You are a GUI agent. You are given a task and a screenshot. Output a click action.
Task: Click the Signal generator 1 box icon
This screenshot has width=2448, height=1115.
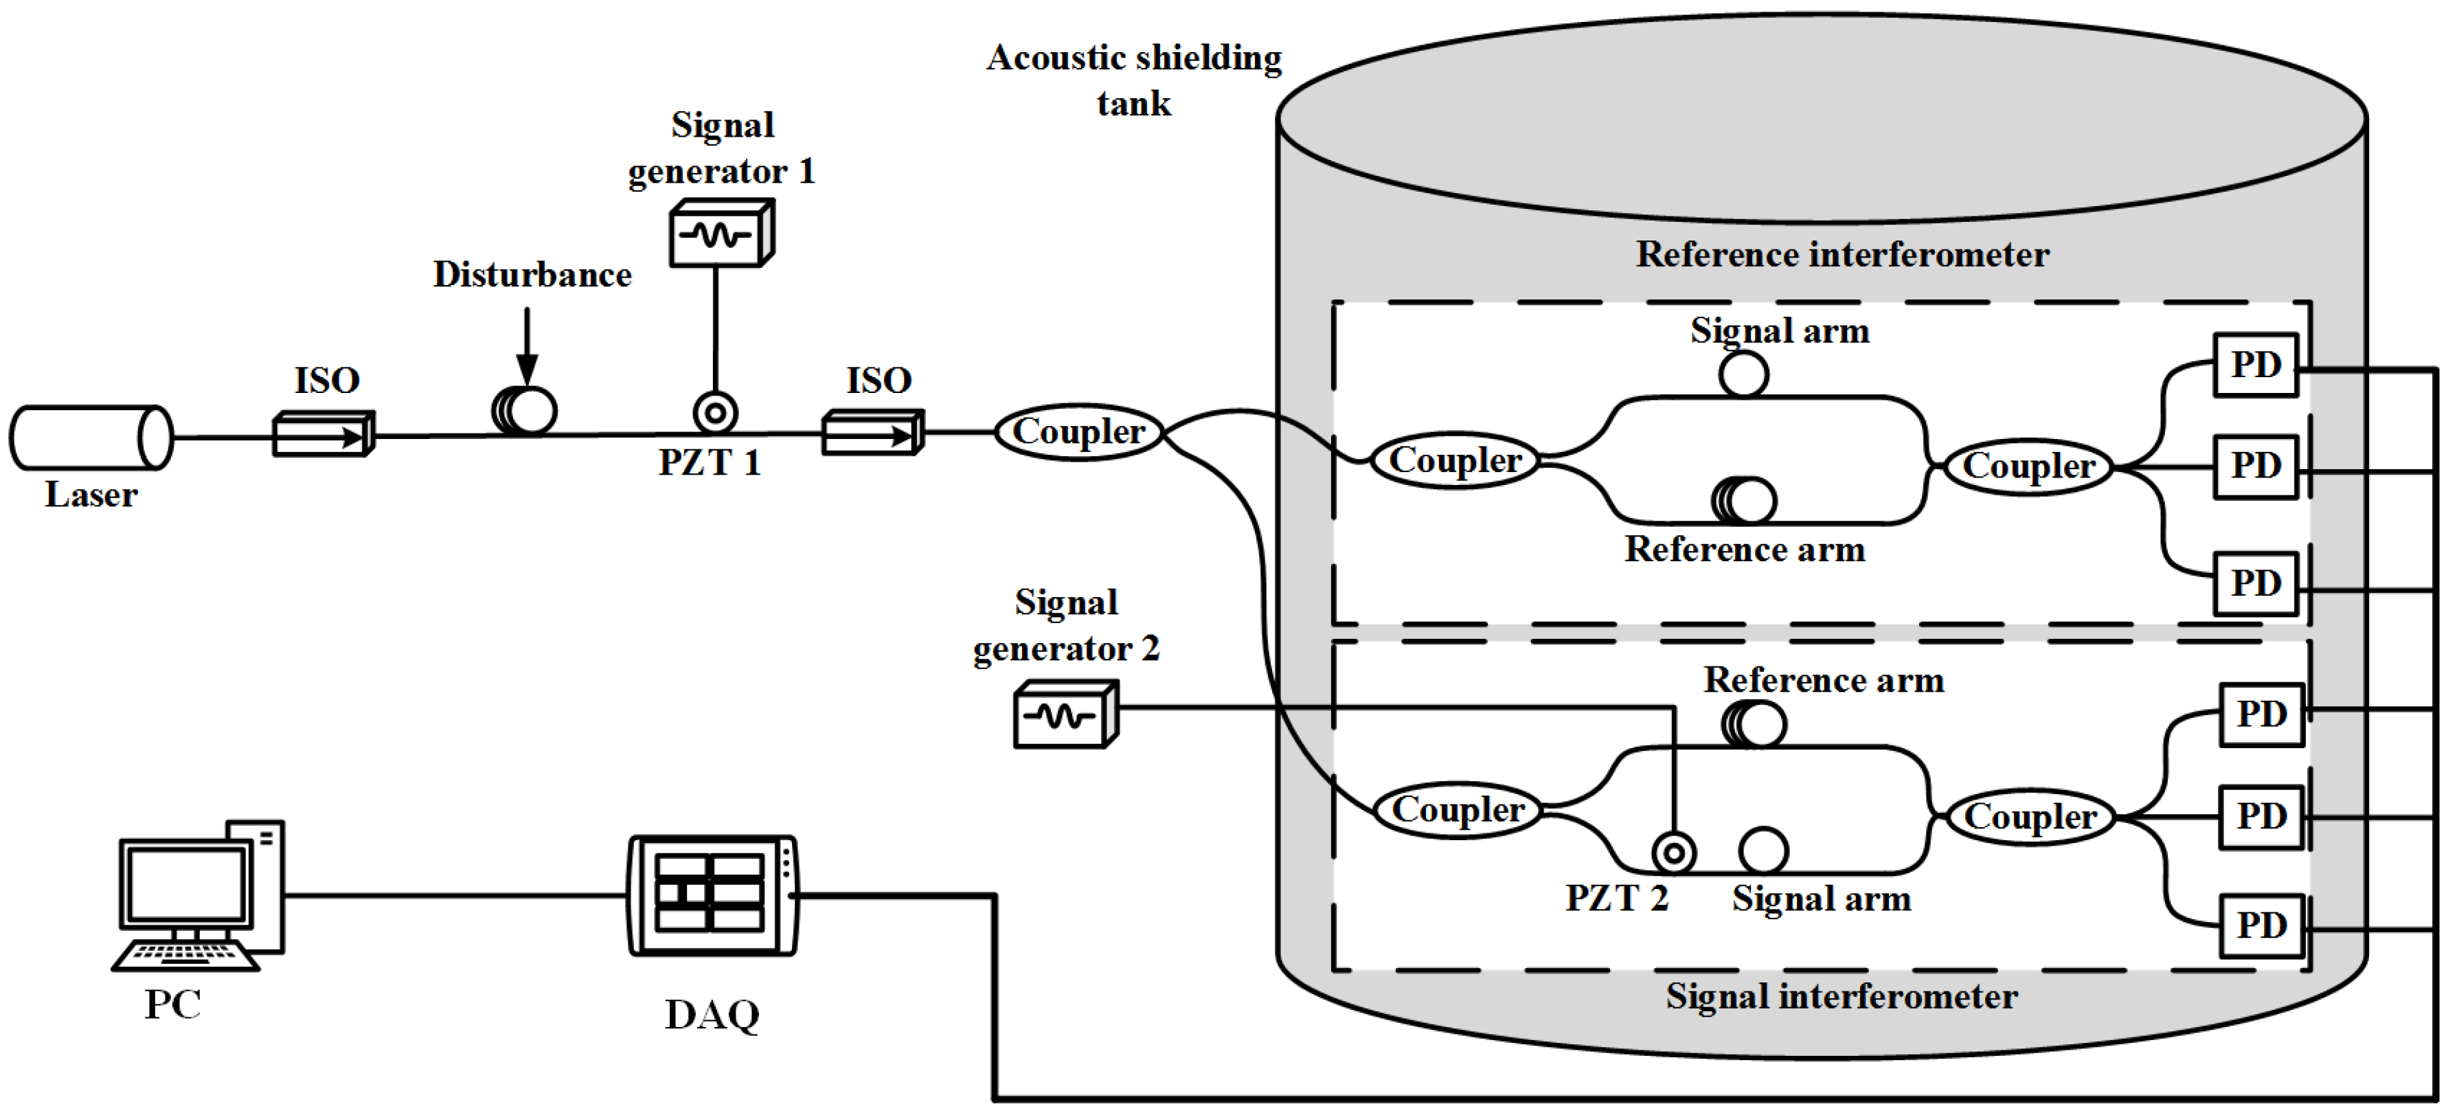[721, 234]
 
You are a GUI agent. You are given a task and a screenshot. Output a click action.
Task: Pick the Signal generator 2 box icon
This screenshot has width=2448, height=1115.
[1065, 714]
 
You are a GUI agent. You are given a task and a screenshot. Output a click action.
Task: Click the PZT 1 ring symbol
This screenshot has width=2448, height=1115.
[714, 414]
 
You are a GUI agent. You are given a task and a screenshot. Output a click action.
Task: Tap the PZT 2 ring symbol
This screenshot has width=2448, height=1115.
[1673, 853]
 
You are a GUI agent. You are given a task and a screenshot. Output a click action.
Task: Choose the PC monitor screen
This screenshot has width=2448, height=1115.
[186, 883]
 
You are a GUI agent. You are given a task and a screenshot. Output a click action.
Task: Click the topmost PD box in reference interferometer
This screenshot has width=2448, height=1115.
[2254, 365]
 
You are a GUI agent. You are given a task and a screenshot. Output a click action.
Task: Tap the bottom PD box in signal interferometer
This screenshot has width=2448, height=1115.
[2260, 925]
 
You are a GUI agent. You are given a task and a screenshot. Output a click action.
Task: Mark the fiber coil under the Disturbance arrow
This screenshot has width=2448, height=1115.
[525, 412]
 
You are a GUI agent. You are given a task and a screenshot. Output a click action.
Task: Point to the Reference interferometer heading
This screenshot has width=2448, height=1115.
[1841, 255]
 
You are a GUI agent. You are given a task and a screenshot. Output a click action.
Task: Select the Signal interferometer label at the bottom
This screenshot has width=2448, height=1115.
[1841, 996]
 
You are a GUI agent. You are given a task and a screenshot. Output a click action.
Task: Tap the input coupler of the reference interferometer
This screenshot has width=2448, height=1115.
[1454, 461]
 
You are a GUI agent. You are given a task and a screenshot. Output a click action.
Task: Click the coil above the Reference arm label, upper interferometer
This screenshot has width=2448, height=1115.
[1744, 500]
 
